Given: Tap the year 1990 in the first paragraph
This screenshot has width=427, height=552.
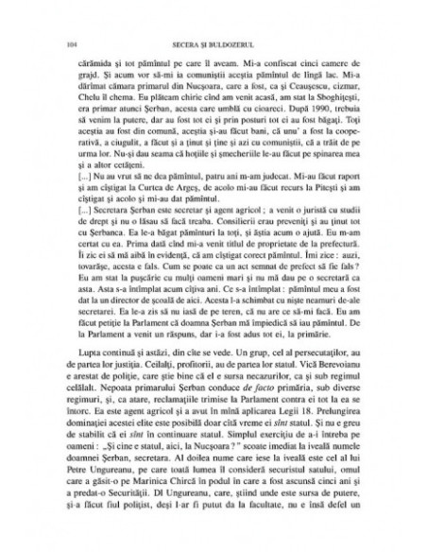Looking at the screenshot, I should click(x=303, y=105).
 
